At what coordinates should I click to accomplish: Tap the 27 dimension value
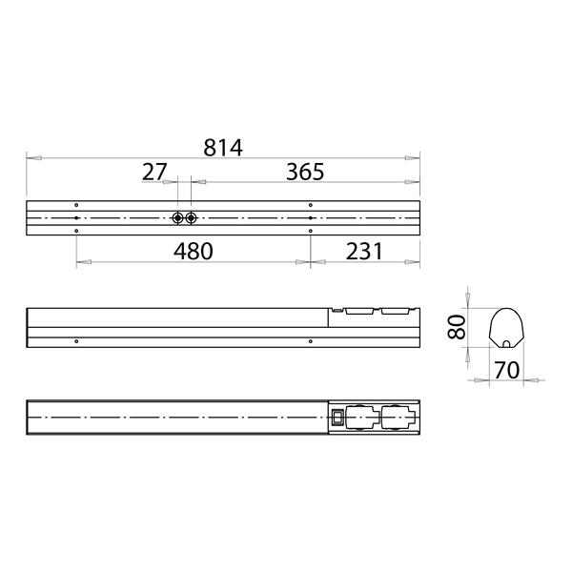click(154, 172)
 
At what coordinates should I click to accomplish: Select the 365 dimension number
click(305, 172)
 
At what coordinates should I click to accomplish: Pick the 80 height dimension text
click(457, 328)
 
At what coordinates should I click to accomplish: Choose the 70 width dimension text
click(506, 370)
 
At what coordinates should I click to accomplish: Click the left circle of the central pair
click(178, 218)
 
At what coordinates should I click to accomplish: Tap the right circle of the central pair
click(192, 218)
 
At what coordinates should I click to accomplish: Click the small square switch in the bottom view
click(337, 416)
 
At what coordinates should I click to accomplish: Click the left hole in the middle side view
click(76, 340)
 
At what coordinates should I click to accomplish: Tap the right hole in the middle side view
click(311, 340)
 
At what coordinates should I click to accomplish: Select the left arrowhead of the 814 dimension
click(31, 158)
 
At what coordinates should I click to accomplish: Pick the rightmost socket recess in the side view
click(393, 311)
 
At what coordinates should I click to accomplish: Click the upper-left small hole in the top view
click(76, 205)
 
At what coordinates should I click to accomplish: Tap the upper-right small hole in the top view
click(311, 205)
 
